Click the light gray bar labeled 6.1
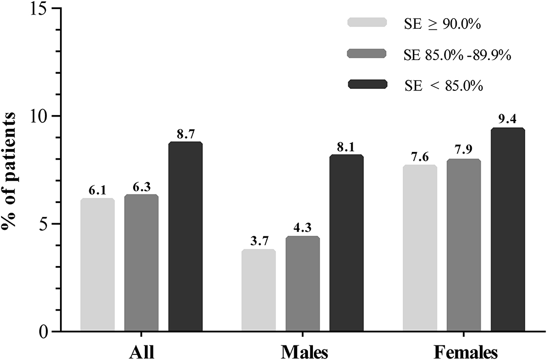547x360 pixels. (97, 265)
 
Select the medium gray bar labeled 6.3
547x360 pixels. (141, 263)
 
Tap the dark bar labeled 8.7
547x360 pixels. (185, 237)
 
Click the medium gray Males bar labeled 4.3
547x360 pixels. (302, 284)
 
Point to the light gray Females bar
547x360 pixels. (420, 248)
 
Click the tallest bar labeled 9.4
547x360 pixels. (508, 230)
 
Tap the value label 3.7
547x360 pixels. (258, 241)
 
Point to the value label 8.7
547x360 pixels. (185, 134)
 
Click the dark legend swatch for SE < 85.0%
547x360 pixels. (367, 85)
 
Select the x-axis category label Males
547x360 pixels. (302, 349)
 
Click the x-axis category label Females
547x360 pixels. (464, 349)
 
